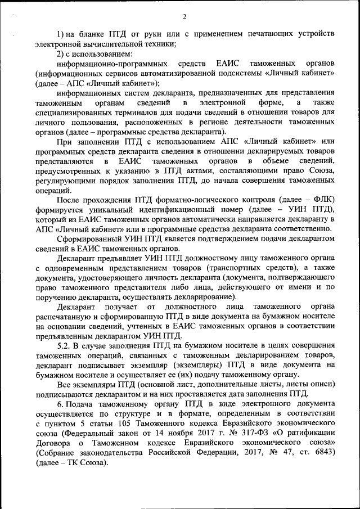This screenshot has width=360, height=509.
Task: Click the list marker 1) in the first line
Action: point(62,35)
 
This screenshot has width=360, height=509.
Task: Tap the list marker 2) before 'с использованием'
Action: point(62,54)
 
